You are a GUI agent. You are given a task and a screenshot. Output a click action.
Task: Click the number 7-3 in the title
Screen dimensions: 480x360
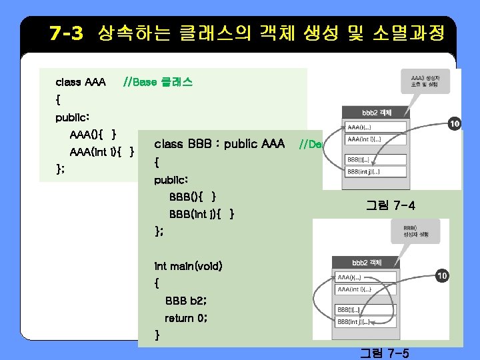tap(66, 33)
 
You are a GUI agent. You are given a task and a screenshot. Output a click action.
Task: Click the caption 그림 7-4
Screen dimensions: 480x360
tap(391, 205)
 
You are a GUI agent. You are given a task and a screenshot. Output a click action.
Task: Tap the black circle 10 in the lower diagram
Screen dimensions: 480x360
tap(441, 275)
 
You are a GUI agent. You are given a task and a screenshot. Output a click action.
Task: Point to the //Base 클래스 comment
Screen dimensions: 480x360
tap(158, 83)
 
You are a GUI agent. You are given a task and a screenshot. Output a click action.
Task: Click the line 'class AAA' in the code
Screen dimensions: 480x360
tap(81, 83)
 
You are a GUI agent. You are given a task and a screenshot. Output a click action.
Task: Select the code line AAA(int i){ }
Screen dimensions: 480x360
tap(102, 151)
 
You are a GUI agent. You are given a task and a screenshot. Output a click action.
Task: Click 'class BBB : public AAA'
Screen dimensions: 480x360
tap(219, 144)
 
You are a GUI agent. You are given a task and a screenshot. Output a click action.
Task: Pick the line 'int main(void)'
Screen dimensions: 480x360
tap(188, 266)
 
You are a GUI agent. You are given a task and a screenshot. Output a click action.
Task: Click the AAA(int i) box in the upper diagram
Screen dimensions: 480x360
tap(375, 139)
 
